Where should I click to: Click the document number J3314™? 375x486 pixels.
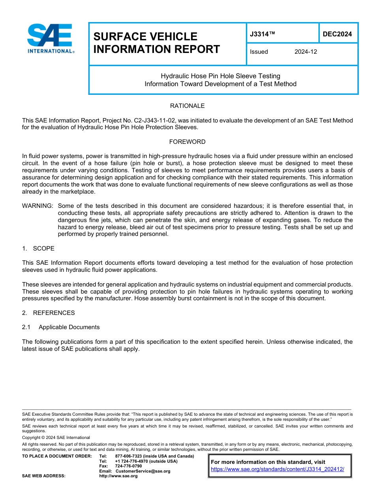point(262,34)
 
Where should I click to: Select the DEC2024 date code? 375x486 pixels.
point(337,34)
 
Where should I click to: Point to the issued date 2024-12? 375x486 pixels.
point(306,52)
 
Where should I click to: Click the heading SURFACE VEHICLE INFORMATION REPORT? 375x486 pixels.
point(156,43)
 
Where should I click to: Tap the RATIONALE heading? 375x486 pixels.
point(187,106)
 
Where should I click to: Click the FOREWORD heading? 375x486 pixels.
point(187,142)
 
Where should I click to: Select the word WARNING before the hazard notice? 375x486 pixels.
point(37,206)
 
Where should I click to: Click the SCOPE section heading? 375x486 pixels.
point(43,249)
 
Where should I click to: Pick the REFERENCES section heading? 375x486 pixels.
point(54,313)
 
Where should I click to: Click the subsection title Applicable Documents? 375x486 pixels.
point(69,327)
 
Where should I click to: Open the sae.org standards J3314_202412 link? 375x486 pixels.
point(277,469)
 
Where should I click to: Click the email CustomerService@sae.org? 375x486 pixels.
point(143,471)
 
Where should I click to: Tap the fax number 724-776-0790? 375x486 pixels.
point(128,466)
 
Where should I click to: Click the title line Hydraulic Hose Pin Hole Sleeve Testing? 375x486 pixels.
point(220,76)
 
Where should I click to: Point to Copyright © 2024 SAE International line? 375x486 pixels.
point(56,437)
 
